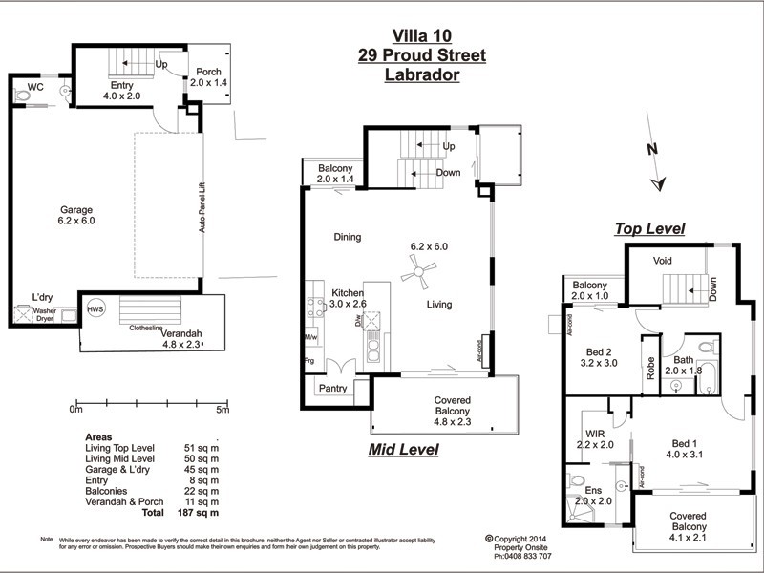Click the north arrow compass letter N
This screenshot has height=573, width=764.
[x=651, y=149]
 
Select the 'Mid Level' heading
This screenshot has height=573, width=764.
[x=403, y=448]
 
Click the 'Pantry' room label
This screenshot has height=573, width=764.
[x=332, y=388]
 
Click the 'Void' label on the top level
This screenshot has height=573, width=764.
[x=664, y=261]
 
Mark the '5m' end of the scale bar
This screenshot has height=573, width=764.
[x=222, y=410]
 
